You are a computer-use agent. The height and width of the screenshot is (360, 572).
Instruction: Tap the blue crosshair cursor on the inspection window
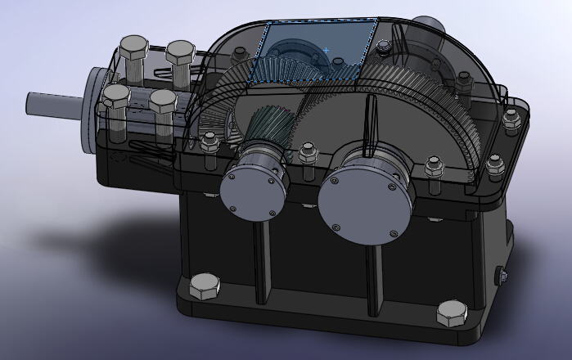tap(326, 51)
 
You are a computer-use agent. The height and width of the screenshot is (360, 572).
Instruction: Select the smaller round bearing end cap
tap(252, 188)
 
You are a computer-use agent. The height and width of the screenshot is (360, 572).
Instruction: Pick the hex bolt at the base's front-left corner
tap(204, 287)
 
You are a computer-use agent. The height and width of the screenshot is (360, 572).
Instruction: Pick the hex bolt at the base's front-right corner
tap(451, 313)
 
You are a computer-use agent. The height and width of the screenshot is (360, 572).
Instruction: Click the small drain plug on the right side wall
tap(502, 277)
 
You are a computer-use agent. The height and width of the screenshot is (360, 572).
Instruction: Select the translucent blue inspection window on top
tap(319, 51)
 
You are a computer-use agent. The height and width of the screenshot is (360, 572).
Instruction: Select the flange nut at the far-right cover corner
tap(512, 122)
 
